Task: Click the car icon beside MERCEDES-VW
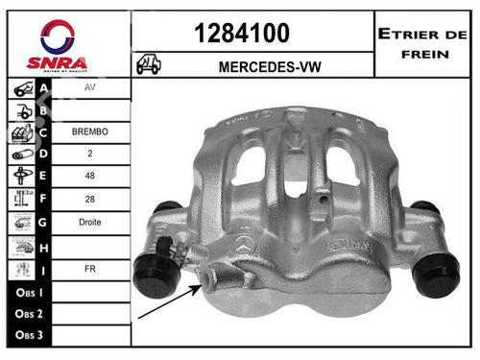[149, 64]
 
